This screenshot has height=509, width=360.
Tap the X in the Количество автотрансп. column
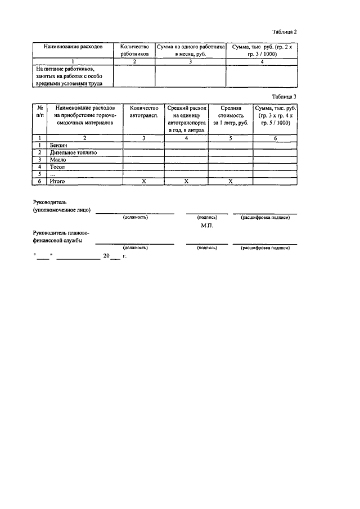[143, 181]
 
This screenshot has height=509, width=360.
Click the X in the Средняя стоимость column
[231, 181]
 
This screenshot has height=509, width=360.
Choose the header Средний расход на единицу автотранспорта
[187, 118]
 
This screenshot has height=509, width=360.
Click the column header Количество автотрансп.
[143, 111]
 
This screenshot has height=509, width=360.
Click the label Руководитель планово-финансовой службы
[61, 236]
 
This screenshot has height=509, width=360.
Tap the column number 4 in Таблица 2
[262, 61]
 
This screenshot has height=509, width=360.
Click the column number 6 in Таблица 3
[275, 138]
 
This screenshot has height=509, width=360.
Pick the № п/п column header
[40, 111]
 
